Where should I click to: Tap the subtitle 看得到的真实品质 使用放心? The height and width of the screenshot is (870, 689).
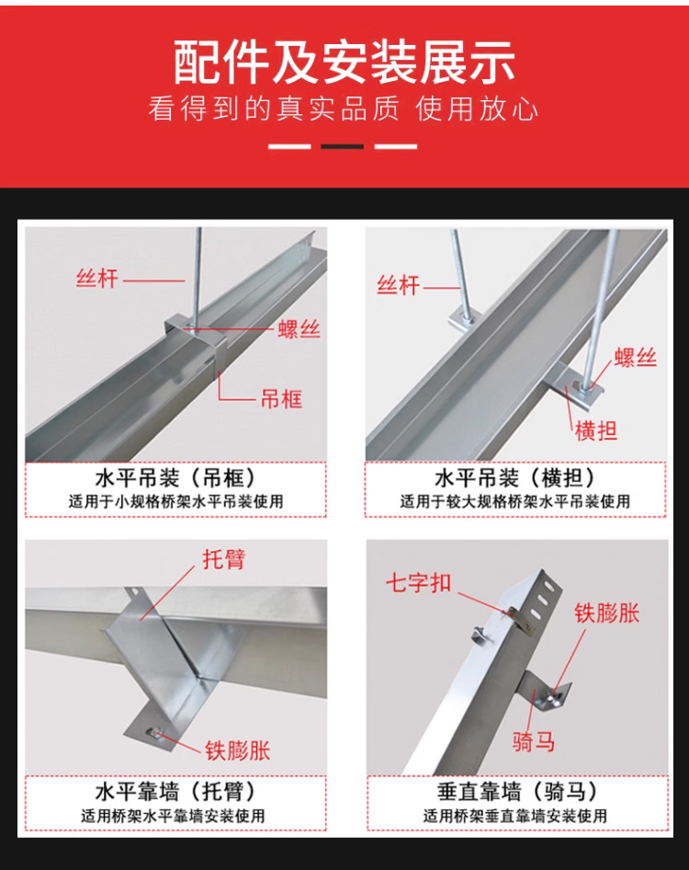coord(343,109)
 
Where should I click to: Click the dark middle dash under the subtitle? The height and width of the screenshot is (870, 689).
coord(343,146)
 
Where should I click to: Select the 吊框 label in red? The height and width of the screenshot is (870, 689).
coord(282,399)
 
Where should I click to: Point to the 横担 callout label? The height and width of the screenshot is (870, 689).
coord(596,430)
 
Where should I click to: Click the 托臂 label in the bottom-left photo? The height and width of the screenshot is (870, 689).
coord(223,559)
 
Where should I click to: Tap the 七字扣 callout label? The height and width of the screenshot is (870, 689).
coord(419,582)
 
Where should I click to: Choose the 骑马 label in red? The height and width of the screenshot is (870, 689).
coord(533,740)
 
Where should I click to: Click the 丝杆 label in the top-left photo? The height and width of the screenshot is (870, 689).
coord(97,278)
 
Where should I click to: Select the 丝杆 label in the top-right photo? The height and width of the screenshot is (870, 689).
coord(398,286)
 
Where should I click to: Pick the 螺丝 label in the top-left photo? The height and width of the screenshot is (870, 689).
coord(299,329)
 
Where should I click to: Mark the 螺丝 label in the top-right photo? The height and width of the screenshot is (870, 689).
coord(635,358)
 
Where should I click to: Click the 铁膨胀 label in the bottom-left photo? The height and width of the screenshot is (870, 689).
coord(238,750)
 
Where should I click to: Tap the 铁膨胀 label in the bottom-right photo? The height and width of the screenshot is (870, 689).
coord(607,613)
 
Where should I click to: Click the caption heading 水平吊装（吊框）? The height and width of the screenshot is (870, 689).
coord(175,477)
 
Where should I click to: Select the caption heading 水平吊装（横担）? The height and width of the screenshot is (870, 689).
coord(515,477)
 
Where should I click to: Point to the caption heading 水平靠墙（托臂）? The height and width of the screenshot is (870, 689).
coord(175,791)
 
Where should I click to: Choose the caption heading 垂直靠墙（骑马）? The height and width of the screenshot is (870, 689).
coord(517,791)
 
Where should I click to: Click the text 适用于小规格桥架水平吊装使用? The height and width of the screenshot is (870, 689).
coord(175,502)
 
